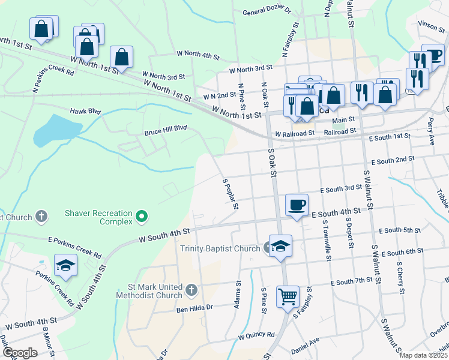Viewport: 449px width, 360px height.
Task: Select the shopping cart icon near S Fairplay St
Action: (288, 296)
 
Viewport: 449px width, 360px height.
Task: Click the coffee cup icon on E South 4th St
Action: (297, 205)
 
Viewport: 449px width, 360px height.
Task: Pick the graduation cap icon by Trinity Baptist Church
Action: (280, 246)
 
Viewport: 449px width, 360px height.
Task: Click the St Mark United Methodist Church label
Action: (154, 291)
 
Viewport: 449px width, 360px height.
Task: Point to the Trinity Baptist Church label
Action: (220, 248)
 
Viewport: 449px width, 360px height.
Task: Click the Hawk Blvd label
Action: (85, 111)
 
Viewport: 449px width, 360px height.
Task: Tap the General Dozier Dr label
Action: (267, 11)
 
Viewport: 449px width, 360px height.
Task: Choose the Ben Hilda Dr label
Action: (194, 308)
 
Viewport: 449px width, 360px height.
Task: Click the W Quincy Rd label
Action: (256, 335)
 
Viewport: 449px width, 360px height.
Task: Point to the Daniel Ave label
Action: (305, 345)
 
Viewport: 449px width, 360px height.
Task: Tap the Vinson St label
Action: (432, 25)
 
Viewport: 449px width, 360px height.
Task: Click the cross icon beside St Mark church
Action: (191, 291)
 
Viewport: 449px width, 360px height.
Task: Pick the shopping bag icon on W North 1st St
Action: (121, 58)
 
